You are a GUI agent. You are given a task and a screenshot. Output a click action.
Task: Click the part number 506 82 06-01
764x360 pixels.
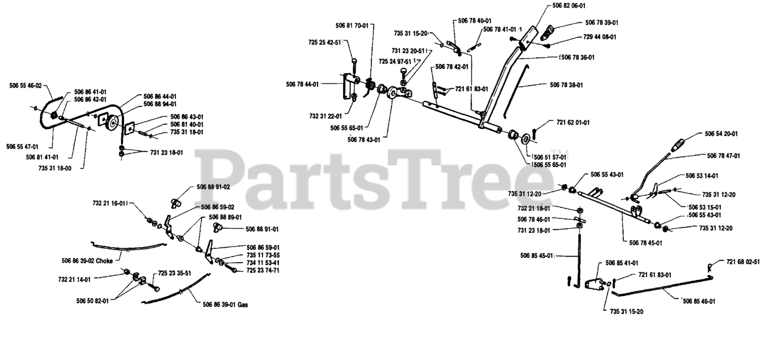[x=569, y=6]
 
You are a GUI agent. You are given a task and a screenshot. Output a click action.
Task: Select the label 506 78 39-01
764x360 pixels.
[x=602, y=23]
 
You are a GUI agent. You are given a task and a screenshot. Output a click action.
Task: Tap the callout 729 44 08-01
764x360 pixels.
[x=600, y=37]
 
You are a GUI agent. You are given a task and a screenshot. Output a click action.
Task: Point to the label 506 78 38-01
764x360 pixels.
[x=566, y=85]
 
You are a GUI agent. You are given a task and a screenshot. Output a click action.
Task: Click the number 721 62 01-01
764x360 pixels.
[x=573, y=122]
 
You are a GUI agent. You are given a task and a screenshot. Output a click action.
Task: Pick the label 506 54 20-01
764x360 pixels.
[x=721, y=134]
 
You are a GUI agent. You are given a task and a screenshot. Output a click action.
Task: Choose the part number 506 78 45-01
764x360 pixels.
[x=645, y=243]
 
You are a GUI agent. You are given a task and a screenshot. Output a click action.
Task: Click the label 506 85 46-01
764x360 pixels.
[x=699, y=301]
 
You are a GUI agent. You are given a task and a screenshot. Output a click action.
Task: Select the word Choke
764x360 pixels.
[x=104, y=261]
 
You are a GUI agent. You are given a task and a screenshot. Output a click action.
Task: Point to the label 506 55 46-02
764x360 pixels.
[x=26, y=85]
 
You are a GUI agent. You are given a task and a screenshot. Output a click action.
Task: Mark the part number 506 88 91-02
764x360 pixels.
[x=213, y=187]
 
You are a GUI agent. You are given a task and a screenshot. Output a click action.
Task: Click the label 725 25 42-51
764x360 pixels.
[x=325, y=42]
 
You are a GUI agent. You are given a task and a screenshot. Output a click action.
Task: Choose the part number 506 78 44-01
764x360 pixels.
[x=302, y=84]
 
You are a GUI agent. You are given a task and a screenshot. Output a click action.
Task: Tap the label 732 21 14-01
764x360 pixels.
[x=75, y=279]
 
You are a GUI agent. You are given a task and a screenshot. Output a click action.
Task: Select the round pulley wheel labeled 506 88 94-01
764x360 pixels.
[x=112, y=124]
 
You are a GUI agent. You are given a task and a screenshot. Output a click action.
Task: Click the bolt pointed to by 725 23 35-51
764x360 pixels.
[x=153, y=286]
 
